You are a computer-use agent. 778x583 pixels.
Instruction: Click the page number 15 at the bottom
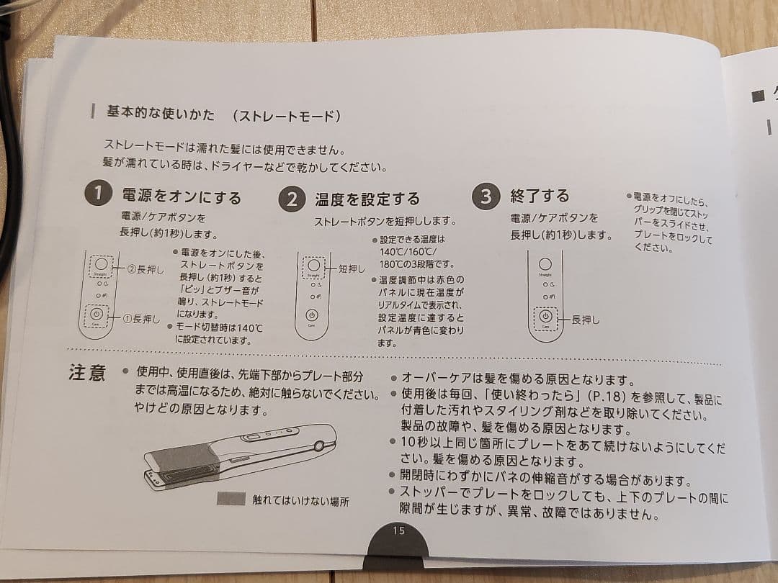coord(399,530)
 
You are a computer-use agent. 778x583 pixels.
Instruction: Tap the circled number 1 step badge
coord(98,194)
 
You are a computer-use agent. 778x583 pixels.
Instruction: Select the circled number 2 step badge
coord(291,198)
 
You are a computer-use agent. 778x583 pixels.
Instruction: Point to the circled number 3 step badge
coord(486,196)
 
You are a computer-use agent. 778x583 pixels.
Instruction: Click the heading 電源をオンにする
coord(182,196)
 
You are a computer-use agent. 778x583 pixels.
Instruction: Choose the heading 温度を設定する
coord(367,199)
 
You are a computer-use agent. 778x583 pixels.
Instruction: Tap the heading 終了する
coord(540,196)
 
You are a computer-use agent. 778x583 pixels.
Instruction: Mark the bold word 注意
coord(87,374)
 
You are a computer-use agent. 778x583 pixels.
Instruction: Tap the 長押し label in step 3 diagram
coord(585,319)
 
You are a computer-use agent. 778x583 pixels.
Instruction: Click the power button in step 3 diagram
coord(545,316)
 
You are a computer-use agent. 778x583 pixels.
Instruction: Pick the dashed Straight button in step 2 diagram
coord(313,266)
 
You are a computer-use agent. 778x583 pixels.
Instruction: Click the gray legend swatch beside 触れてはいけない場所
coord(231,499)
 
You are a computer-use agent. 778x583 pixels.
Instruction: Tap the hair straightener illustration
coord(241,457)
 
